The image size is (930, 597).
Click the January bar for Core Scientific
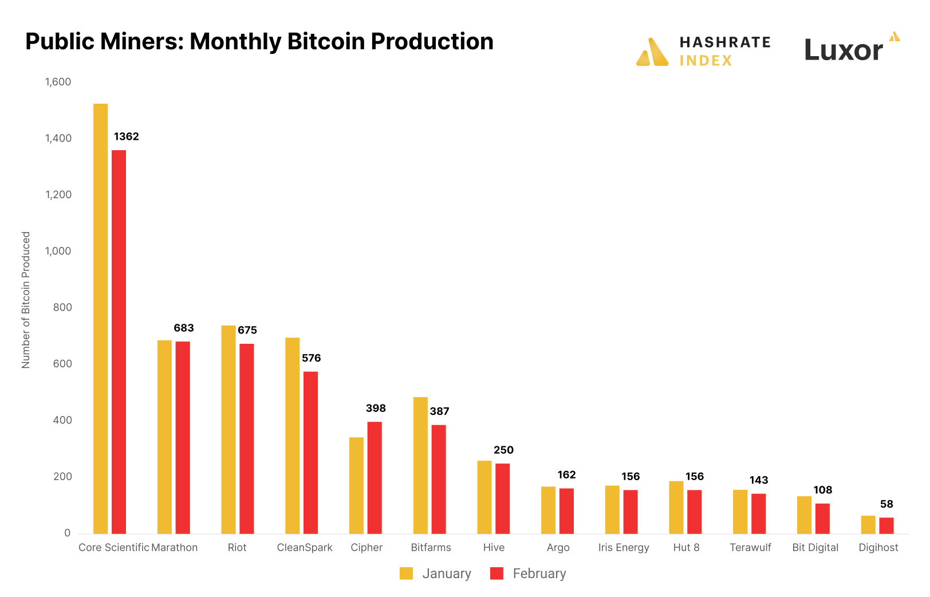tap(100, 319)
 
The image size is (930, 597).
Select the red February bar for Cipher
tap(375, 478)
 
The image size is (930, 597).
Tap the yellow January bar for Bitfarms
tap(420, 465)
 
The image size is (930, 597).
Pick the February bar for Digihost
tap(886, 525)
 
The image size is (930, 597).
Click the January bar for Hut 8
tap(676, 507)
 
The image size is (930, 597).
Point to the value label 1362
tap(126, 136)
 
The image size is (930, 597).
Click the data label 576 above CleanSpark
tap(311, 358)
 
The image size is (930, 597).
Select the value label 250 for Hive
tap(503, 450)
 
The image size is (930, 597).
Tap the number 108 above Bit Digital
tap(822, 490)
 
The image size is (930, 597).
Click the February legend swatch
tap(496, 574)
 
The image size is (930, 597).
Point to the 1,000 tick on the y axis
tap(58, 251)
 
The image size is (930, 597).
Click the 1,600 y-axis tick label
tap(58, 82)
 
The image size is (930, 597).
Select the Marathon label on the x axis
tap(174, 547)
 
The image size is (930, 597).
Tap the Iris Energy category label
tap(624, 547)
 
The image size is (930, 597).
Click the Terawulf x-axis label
tap(750, 547)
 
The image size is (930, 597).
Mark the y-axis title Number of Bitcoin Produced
tap(26, 300)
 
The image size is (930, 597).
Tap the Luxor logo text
tap(844, 50)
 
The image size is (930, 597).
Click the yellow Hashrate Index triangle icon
tap(652, 53)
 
